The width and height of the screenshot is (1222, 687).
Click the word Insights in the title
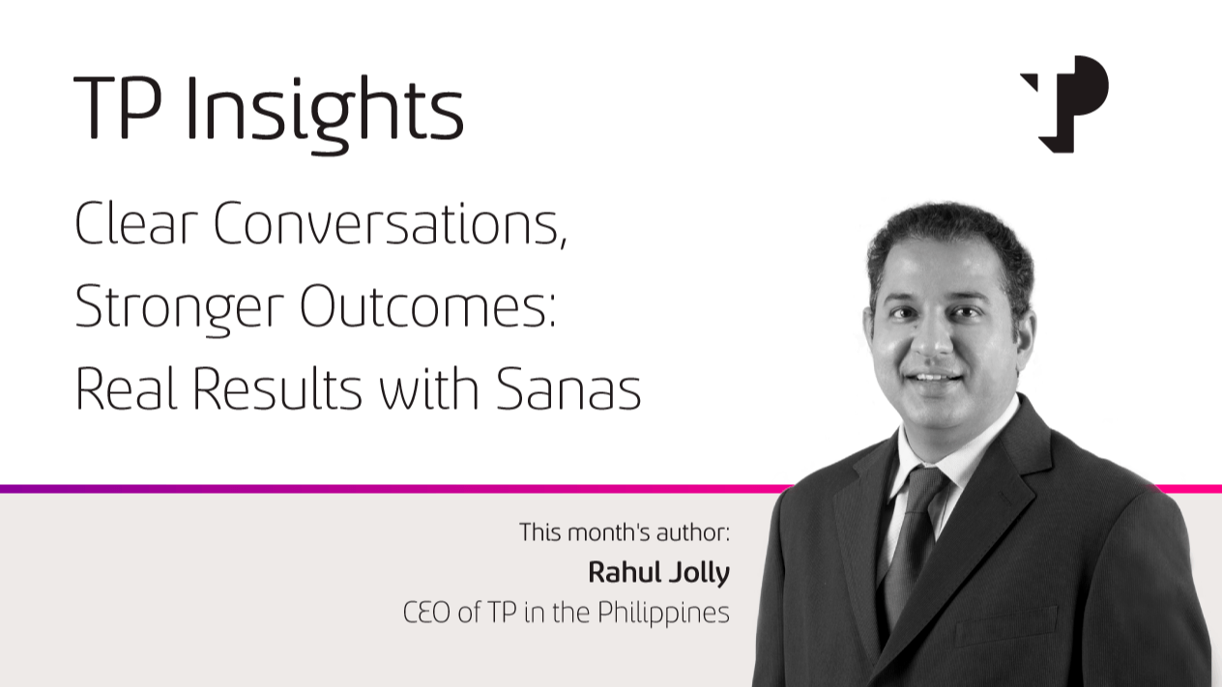[x=325, y=113]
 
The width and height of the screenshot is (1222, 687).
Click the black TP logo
[x=1064, y=103]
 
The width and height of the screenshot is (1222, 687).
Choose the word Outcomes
[x=427, y=306]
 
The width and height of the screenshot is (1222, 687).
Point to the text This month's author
[x=625, y=532]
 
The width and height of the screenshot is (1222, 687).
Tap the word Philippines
[x=663, y=614]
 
